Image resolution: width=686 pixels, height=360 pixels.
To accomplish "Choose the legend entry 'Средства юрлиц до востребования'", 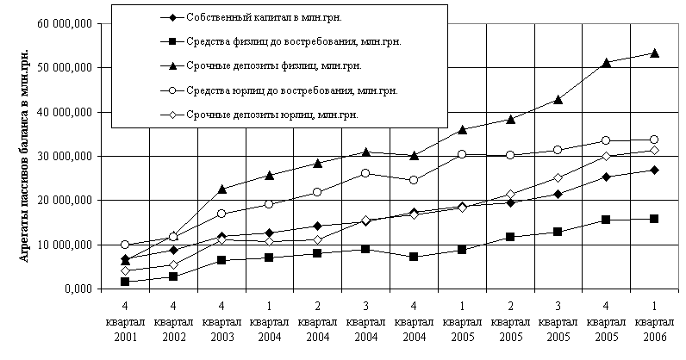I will pyautogui.click(x=279, y=89).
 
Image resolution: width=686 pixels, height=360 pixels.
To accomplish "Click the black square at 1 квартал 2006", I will pyautogui.click(x=654, y=219).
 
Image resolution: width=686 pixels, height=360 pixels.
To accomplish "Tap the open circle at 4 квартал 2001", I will pyautogui.click(x=126, y=245).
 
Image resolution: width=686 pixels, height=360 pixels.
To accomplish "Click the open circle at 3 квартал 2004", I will pyautogui.click(x=366, y=173).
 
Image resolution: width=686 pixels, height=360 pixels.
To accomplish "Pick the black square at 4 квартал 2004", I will pyautogui.click(x=415, y=257).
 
